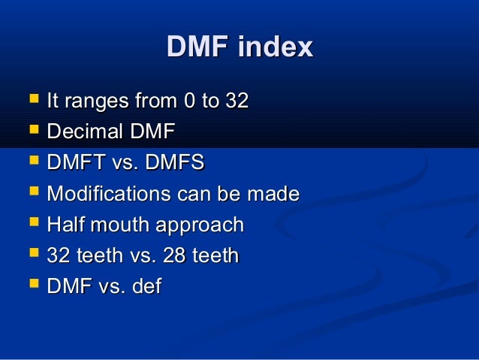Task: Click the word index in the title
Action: tap(275, 47)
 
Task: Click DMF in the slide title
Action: tap(197, 47)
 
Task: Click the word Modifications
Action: tap(108, 194)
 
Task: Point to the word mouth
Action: tap(119, 225)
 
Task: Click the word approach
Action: tap(201, 225)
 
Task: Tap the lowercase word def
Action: tap(146, 286)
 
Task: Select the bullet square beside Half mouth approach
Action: tap(31, 223)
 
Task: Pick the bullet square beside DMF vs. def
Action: tap(31, 285)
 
